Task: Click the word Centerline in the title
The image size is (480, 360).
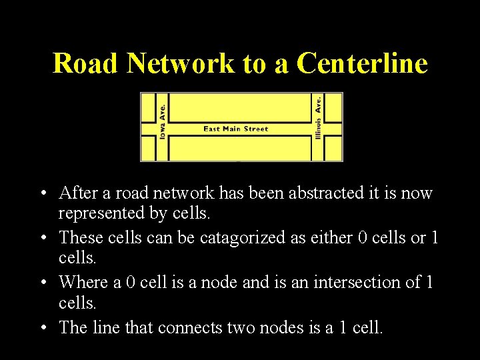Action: (x=362, y=63)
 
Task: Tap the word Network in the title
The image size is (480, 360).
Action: (x=181, y=63)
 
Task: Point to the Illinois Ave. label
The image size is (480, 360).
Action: (x=318, y=117)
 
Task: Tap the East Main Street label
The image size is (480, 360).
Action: (x=235, y=129)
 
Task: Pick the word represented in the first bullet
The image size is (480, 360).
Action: (x=99, y=214)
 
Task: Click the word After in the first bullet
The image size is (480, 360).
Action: (x=76, y=193)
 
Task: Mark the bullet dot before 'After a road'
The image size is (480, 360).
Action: (x=42, y=194)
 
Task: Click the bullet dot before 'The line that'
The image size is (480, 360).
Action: (x=42, y=328)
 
